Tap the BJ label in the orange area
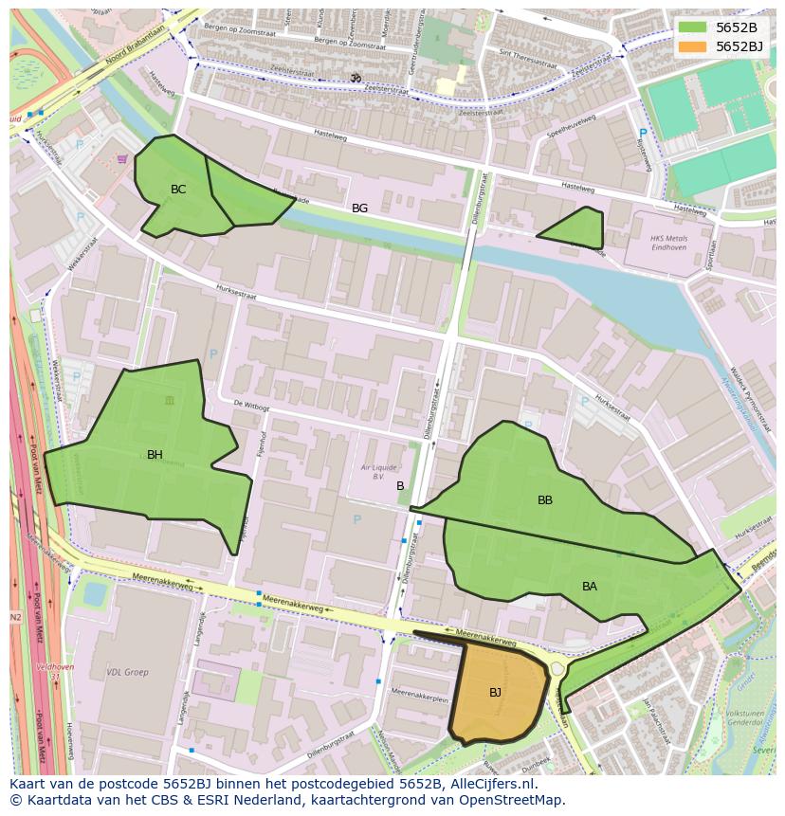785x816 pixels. pyautogui.click(x=495, y=693)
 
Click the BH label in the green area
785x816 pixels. pyautogui.click(x=155, y=455)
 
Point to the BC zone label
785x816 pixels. pyautogui.click(x=178, y=190)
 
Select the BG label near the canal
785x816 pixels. pyautogui.click(x=359, y=209)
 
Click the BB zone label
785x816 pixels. pyautogui.click(x=545, y=500)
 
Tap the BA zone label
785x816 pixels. pyautogui.click(x=590, y=587)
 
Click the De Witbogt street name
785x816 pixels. pyautogui.click(x=250, y=405)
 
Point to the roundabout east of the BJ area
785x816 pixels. pyautogui.click(x=557, y=669)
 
